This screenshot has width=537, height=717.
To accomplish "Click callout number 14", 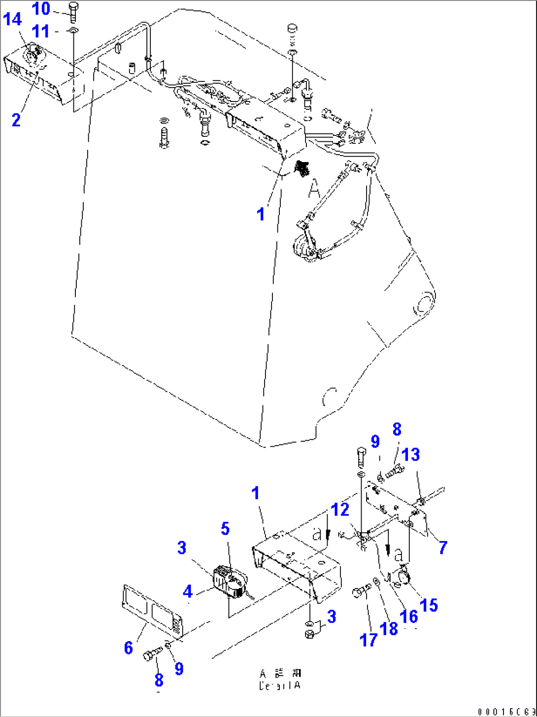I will click(13, 20).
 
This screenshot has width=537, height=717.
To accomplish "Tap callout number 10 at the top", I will click(42, 8).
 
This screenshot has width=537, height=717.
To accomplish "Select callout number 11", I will click(42, 32).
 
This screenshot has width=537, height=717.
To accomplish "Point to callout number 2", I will click(16, 119).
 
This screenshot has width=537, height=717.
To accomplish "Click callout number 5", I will click(225, 529).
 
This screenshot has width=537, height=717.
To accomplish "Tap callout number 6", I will click(129, 648).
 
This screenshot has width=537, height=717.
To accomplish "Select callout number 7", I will click(442, 547).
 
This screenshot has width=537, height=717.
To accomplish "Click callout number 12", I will click(340, 510).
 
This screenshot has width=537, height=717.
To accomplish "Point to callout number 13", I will click(411, 455).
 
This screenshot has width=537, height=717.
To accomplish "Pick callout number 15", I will click(429, 605).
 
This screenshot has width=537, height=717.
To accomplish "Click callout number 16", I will click(409, 616).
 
